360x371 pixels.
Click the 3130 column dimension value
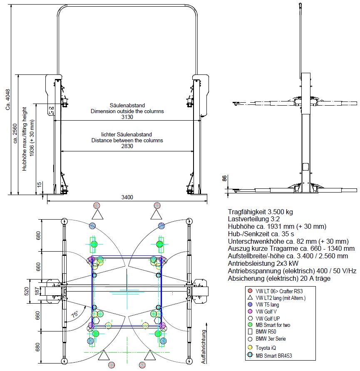pos(127,117)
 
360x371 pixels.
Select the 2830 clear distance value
pos(127,146)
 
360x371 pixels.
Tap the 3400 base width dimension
pos(127,197)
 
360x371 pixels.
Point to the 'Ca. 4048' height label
pos(8,99)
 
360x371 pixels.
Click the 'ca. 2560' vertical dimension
pos(15,133)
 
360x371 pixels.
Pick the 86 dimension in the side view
pos(224,178)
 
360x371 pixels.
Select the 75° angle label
pos(75,314)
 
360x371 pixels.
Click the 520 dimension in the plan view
pos(27,291)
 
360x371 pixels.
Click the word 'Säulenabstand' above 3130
pos(127,105)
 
